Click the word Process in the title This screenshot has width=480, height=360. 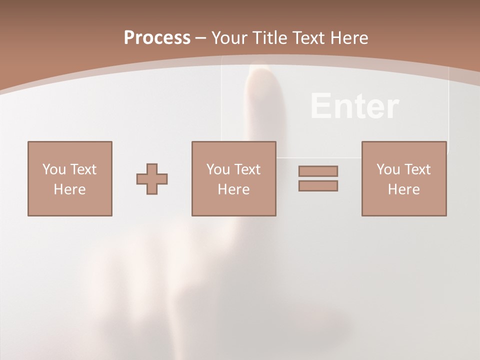coord(157,38)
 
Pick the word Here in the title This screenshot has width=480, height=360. coord(348,38)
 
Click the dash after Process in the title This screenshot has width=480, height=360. coord(201,38)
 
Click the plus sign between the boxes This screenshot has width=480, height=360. coord(152,178)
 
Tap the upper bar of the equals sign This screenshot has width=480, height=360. coord(318,171)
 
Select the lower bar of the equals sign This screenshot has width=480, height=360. coord(318,185)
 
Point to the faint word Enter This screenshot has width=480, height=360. coord(354,106)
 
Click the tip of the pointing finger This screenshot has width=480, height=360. coord(260,72)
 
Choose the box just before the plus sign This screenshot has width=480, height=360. coord(69,178)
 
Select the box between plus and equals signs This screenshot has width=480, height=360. coord(233,178)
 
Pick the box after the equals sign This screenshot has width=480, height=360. coord(403,178)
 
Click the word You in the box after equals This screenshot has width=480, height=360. coord(388,169)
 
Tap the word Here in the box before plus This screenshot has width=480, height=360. coord(69,189)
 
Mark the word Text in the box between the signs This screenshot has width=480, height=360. coord(247,169)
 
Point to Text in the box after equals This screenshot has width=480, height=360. coord(417,169)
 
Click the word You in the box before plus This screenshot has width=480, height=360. coord(54,169)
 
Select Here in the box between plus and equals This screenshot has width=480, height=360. coord(233,189)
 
